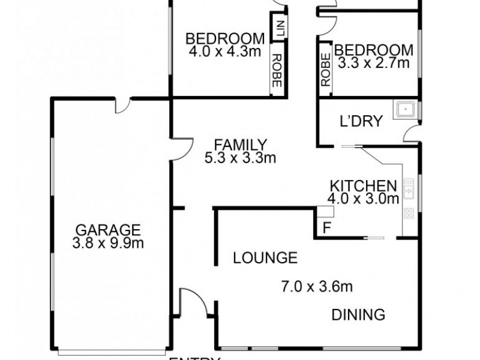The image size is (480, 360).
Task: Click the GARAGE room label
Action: (x=108, y=230)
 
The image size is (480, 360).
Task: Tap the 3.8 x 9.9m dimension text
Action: (x=108, y=243)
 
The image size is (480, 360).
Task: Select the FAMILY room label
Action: (x=240, y=145)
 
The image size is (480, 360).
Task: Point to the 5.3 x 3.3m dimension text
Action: (x=240, y=158)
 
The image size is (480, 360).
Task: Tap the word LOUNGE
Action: (x=265, y=258)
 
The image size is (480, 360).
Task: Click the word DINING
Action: (x=358, y=314)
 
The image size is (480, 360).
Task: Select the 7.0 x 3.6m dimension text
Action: (x=317, y=287)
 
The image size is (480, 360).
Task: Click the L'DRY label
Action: (x=361, y=121)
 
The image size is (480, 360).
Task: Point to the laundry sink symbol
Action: (x=404, y=110)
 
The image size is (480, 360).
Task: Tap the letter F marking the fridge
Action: (x=326, y=228)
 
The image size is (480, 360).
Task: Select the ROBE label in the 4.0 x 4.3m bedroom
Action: (x=277, y=71)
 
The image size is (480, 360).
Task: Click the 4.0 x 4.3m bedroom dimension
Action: (x=225, y=52)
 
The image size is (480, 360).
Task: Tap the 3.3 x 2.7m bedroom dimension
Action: (x=373, y=63)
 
